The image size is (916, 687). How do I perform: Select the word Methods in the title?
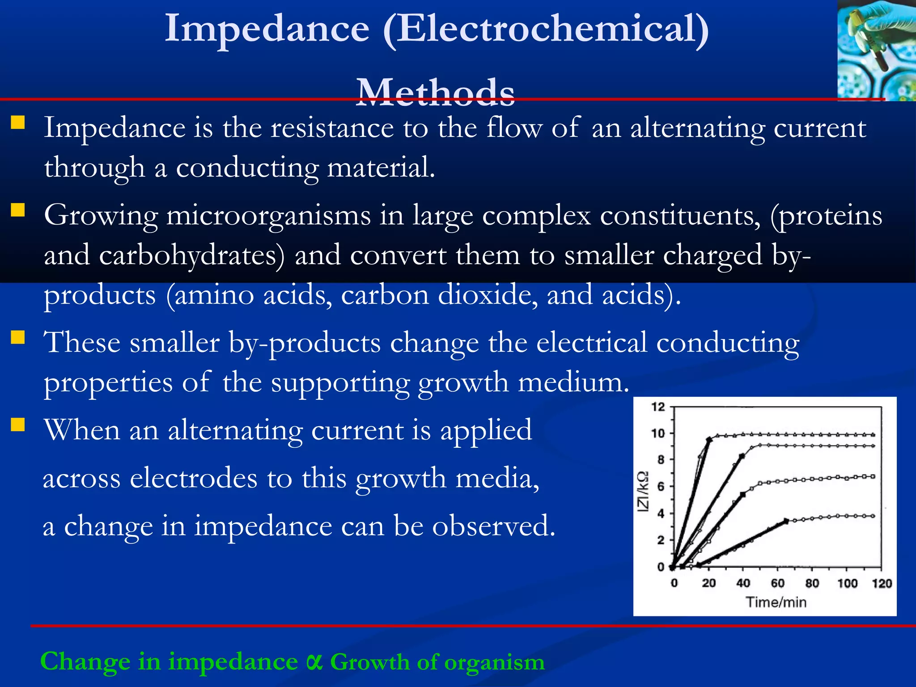click(x=435, y=92)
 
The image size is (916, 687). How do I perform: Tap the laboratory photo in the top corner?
click(x=876, y=50)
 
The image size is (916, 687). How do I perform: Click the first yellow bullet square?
click(x=18, y=123)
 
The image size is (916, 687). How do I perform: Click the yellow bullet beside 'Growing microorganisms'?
click(x=18, y=210)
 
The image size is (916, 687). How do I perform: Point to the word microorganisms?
click(x=268, y=216)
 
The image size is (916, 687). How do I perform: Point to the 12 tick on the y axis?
click(x=658, y=407)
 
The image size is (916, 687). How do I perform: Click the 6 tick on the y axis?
click(x=661, y=487)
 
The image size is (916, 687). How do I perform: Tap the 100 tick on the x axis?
click(x=847, y=583)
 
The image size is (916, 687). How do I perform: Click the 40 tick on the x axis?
click(x=743, y=583)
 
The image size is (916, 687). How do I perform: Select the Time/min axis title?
click(x=776, y=602)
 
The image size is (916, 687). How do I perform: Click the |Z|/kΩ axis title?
click(x=643, y=492)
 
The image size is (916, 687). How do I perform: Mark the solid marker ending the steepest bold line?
click(x=709, y=440)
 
